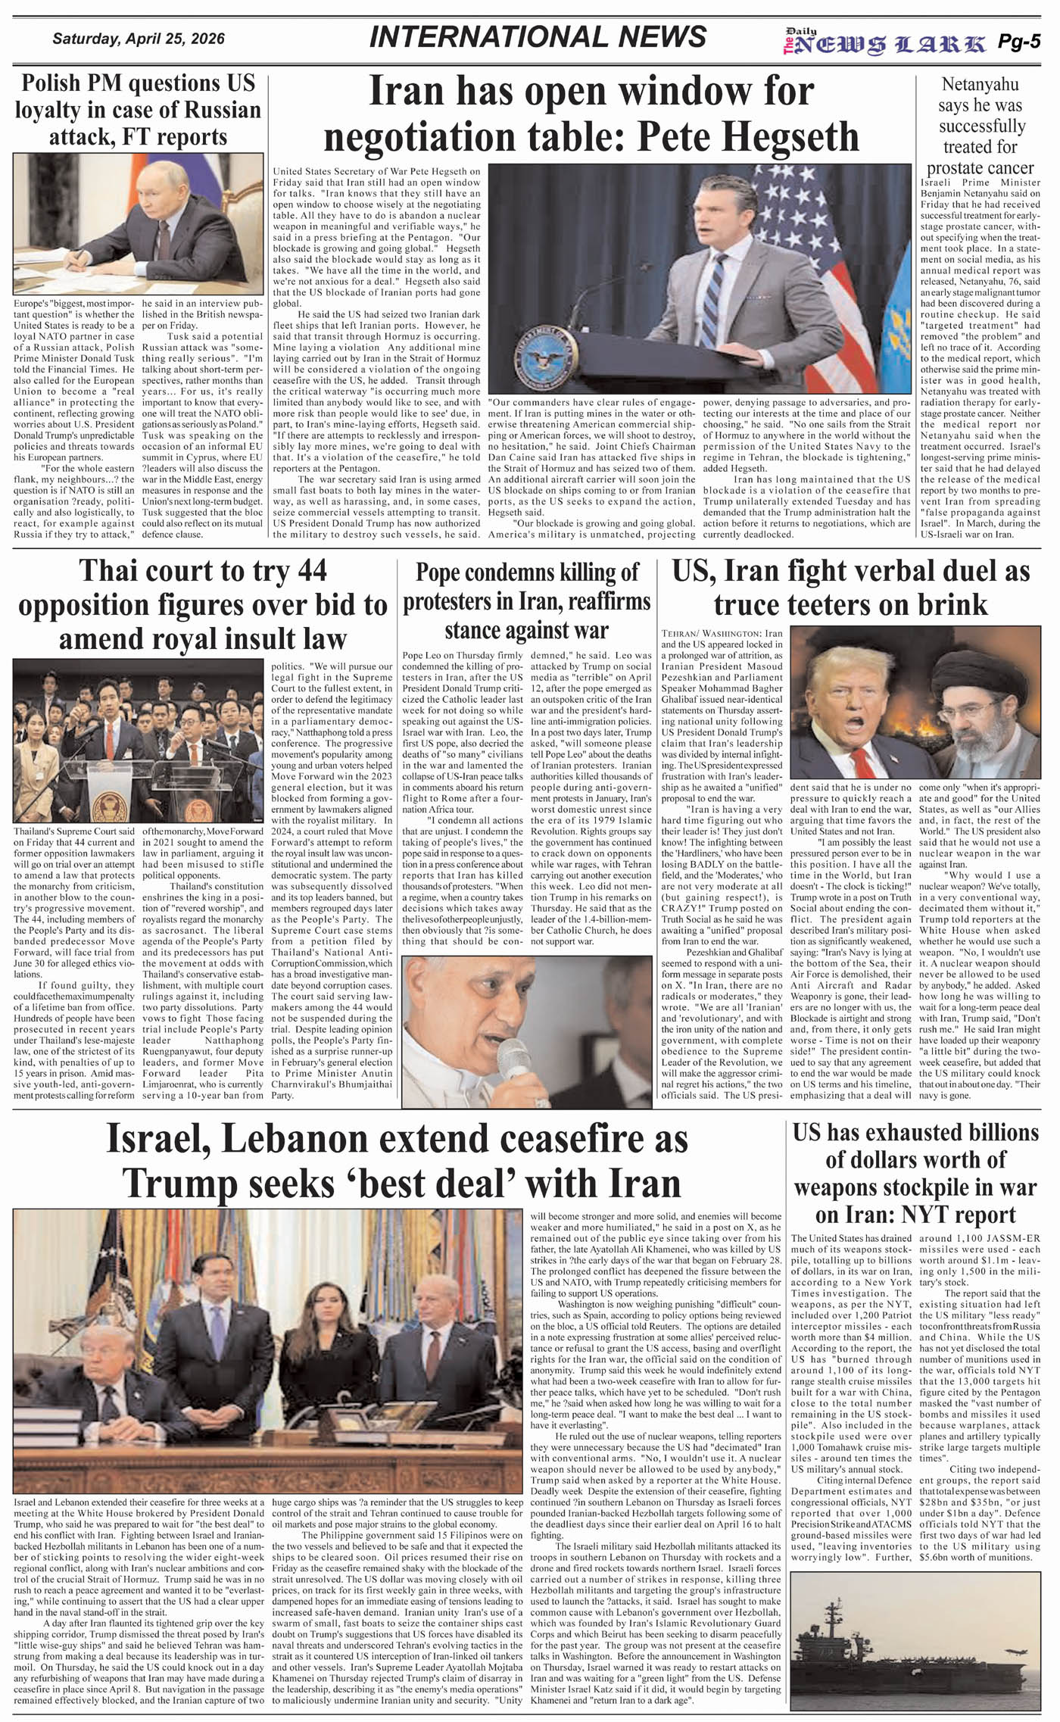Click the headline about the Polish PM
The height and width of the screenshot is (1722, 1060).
pos(138,110)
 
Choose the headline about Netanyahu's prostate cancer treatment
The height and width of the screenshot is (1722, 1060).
pos(980,126)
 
